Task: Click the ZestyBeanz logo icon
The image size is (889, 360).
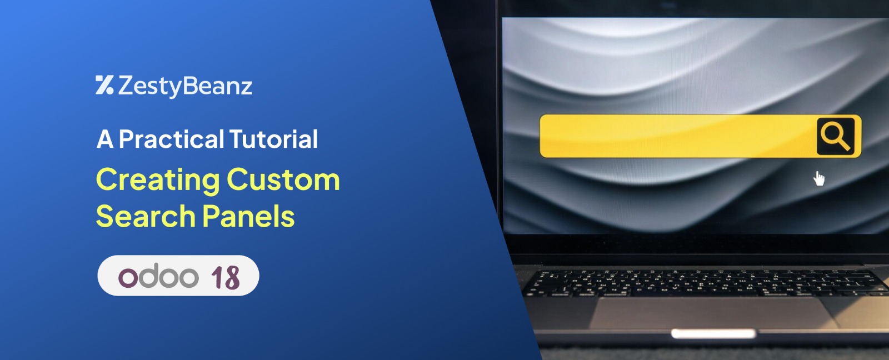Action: coord(104,85)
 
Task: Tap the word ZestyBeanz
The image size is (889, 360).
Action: coord(185,86)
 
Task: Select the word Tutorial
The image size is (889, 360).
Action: coord(273,139)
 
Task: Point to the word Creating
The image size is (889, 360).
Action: coord(158,181)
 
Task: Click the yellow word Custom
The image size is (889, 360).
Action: coord(283,180)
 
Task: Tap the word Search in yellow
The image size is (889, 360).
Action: coord(146,216)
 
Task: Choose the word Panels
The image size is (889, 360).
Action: coord(248,216)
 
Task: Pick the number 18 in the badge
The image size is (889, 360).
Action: coord(226,277)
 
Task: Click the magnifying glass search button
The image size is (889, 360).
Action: coord(836,136)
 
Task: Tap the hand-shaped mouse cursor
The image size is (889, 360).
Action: coord(819,178)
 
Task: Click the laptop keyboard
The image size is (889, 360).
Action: coord(706,283)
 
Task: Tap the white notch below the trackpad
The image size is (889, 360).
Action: coord(713,334)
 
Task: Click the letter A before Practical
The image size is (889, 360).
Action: coord(105,139)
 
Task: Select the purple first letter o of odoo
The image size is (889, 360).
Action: coord(128,277)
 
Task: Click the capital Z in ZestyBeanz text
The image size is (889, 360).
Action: coord(128,85)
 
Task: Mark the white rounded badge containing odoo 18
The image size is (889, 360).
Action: coord(178,276)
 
